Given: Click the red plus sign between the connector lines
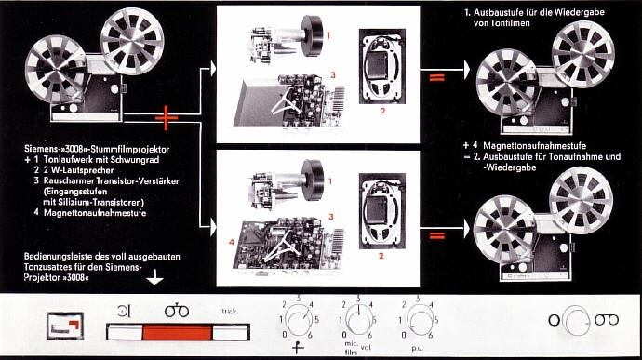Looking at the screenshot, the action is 167,118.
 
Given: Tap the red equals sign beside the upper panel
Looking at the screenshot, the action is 437,76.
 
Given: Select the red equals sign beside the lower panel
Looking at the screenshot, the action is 437,235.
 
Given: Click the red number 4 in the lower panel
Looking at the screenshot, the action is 232,243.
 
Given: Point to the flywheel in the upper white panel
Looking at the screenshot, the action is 311,33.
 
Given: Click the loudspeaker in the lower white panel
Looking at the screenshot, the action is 382,211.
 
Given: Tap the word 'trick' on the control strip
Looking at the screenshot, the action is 229,312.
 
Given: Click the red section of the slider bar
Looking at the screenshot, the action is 177,332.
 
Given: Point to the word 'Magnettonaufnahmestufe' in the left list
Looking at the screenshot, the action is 95,213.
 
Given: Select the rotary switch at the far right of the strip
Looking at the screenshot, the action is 575,320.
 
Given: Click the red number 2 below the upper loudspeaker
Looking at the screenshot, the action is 382,111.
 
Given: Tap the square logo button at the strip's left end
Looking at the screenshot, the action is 65,326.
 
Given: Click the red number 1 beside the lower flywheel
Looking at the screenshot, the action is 330,181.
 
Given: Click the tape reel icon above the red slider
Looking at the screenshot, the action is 177,311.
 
